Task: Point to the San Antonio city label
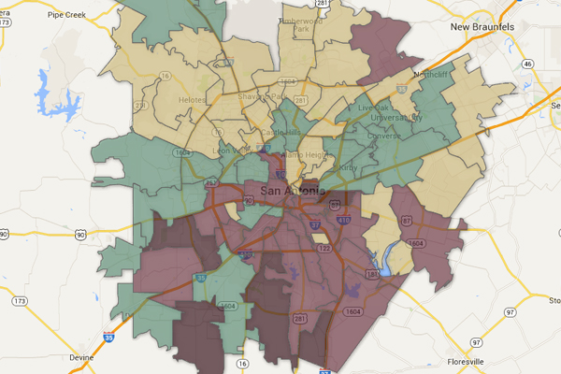pos(294,193)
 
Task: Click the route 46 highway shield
pos(528,63)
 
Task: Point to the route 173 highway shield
pos(19,302)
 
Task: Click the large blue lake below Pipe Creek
pos(45,89)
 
